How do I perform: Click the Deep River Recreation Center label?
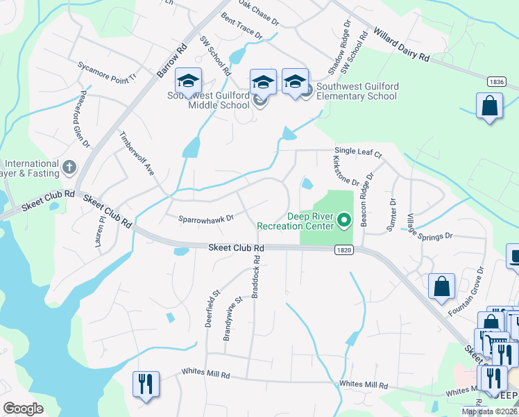click(x=296, y=221)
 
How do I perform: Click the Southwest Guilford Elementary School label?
click(x=357, y=91)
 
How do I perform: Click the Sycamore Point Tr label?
click(x=108, y=68)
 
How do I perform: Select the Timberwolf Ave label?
click(x=137, y=153)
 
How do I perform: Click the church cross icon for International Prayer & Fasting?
click(x=68, y=166)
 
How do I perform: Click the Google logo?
click(x=23, y=408)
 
